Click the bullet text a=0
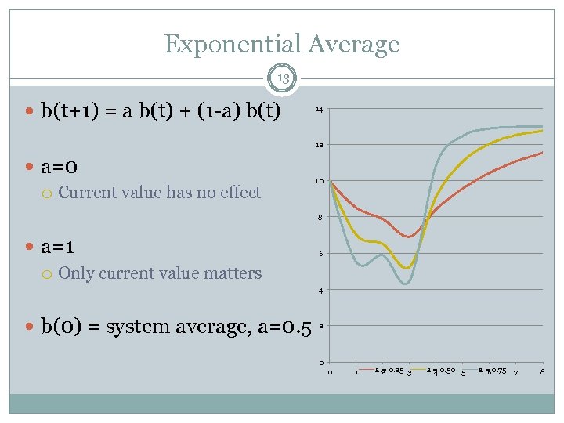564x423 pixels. tap(59, 167)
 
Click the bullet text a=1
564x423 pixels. tap(59, 246)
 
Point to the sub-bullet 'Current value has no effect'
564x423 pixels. tap(159, 193)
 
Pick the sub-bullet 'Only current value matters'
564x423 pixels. tap(160, 273)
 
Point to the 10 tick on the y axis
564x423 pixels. tap(319, 182)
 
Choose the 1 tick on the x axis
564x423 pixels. tap(356, 371)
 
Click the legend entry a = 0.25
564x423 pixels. tap(389, 370)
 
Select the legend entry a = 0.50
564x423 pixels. tap(441, 370)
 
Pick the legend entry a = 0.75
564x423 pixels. tap(491, 370)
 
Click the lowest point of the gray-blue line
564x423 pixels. tap(405, 284)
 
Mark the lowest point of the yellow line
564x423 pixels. tap(406, 268)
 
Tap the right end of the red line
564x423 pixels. tap(542, 153)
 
